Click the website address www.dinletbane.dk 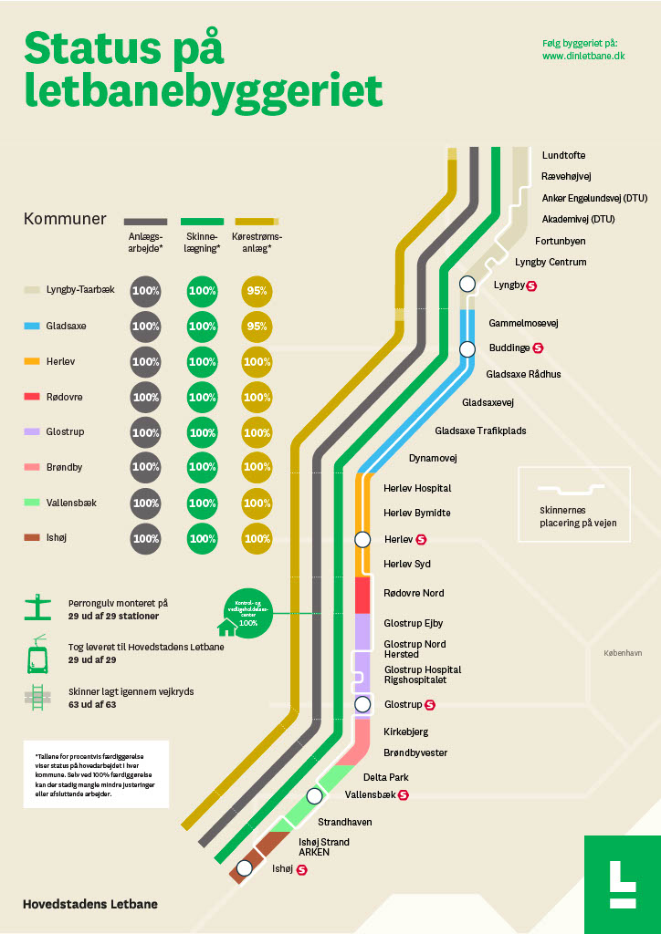[x=582, y=56]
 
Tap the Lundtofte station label [x=563, y=155]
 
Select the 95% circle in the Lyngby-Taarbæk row [x=257, y=292]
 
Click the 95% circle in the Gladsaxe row [x=257, y=327]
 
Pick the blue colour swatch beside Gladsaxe [x=32, y=326]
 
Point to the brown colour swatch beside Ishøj [x=32, y=538]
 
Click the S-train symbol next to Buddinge [x=538, y=348]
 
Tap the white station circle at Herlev [x=362, y=539]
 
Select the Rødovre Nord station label [x=414, y=593]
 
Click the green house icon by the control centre [x=226, y=628]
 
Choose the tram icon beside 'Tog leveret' [x=37, y=653]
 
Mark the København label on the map [x=624, y=653]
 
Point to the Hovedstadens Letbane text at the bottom [x=90, y=904]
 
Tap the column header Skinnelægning [x=203, y=243]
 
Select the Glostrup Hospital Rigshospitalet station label [x=423, y=675]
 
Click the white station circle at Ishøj [x=245, y=868]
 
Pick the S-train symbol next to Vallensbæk [x=403, y=795]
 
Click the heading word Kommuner [x=65, y=219]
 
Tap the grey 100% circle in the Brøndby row [x=146, y=467]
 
